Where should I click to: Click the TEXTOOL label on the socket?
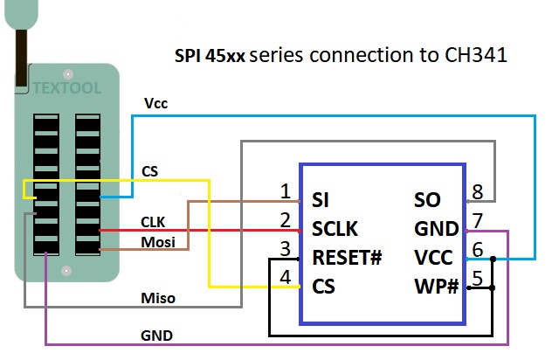(67, 87)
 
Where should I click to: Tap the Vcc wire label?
(155, 103)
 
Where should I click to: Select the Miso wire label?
(158, 298)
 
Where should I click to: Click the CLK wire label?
(154, 223)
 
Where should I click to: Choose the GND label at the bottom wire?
(156, 335)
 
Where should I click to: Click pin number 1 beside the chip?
(285, 191)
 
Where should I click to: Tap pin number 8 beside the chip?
(477, 191)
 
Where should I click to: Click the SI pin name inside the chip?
(321, 200)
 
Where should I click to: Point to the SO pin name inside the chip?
(427, 200)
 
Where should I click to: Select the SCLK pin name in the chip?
(335, 229)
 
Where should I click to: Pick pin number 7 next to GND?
(477, 220)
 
